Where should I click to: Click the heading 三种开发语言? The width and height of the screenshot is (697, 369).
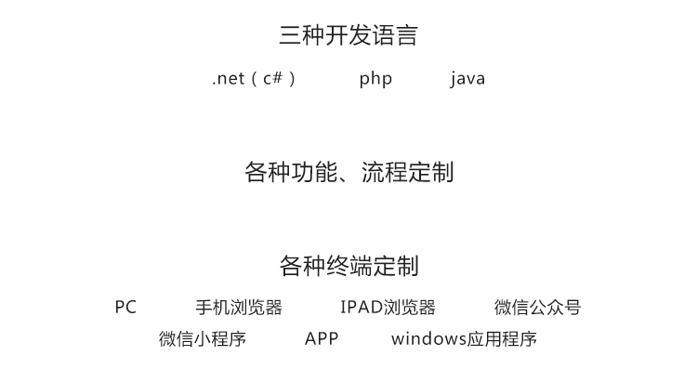(x=348, y=35)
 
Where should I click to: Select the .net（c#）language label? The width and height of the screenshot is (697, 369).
(x=254, y=79)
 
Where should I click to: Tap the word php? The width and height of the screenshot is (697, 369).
(x=375, y=79)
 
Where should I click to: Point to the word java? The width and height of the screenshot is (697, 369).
(x=467, y=79)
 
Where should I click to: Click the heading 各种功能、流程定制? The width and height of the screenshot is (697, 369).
(x=348, y=172)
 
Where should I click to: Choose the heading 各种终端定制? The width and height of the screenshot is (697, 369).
(x=348, y=266)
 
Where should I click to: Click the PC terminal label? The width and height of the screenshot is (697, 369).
(x=125, y=308)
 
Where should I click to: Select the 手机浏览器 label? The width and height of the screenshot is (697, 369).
(x=239, y=308)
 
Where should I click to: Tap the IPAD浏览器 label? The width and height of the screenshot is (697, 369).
(x=388, y=308)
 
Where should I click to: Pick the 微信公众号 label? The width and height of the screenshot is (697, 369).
(x=537, y=308)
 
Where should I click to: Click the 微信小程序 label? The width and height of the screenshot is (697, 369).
(x=203, y=338)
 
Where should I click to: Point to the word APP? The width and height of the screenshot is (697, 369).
(x=322, y=338)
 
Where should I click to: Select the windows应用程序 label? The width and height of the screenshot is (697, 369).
(x=464, y=338)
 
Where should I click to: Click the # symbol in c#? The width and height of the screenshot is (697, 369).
(x=277, y=77)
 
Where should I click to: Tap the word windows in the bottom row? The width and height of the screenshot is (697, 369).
(x=428, y=338)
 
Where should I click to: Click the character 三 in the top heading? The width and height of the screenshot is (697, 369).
(x=290, y=35)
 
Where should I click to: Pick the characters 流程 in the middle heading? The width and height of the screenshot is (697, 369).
(x=384, y=172)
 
